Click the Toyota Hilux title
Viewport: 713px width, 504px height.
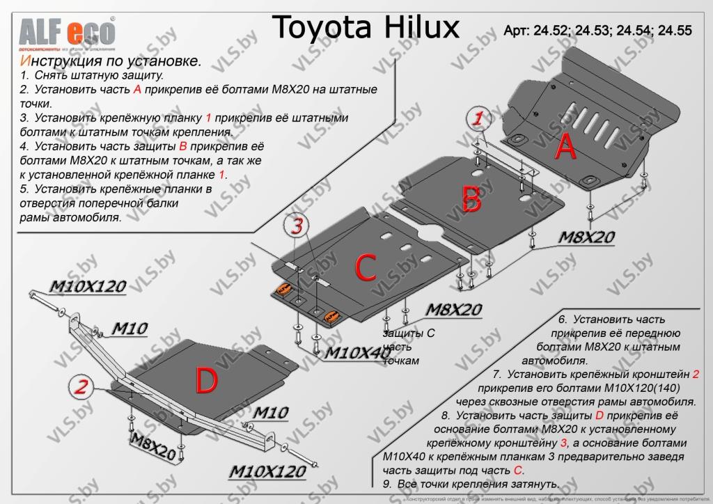[x=365, y=28]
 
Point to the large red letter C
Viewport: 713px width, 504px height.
[x=366, y=267]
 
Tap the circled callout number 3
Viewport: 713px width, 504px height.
[x=297, y=226]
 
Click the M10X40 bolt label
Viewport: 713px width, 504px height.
[x=358, y=352]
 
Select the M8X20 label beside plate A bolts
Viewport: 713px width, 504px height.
[x=586, y=238]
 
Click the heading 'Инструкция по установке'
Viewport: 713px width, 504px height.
[x=111, y=61]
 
